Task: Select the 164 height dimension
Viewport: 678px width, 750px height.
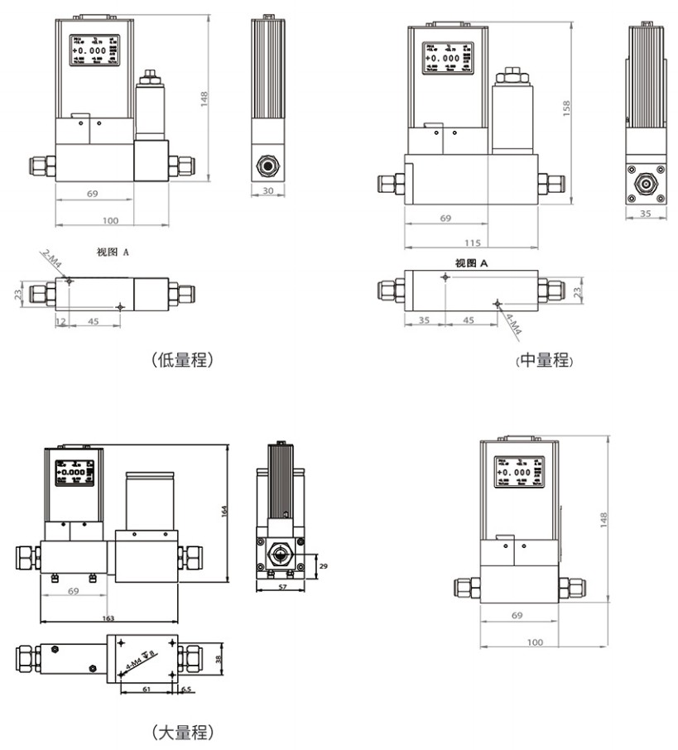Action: coord(224,512)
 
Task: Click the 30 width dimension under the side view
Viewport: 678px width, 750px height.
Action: coord(267,191)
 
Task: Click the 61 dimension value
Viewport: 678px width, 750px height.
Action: coord(146,688)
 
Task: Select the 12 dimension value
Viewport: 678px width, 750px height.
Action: coord(60,320)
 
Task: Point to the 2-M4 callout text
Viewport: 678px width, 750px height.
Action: coord(53,261)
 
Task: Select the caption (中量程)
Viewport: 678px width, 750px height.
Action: coord(544,360)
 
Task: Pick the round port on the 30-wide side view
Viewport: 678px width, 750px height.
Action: coord(267,164)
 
